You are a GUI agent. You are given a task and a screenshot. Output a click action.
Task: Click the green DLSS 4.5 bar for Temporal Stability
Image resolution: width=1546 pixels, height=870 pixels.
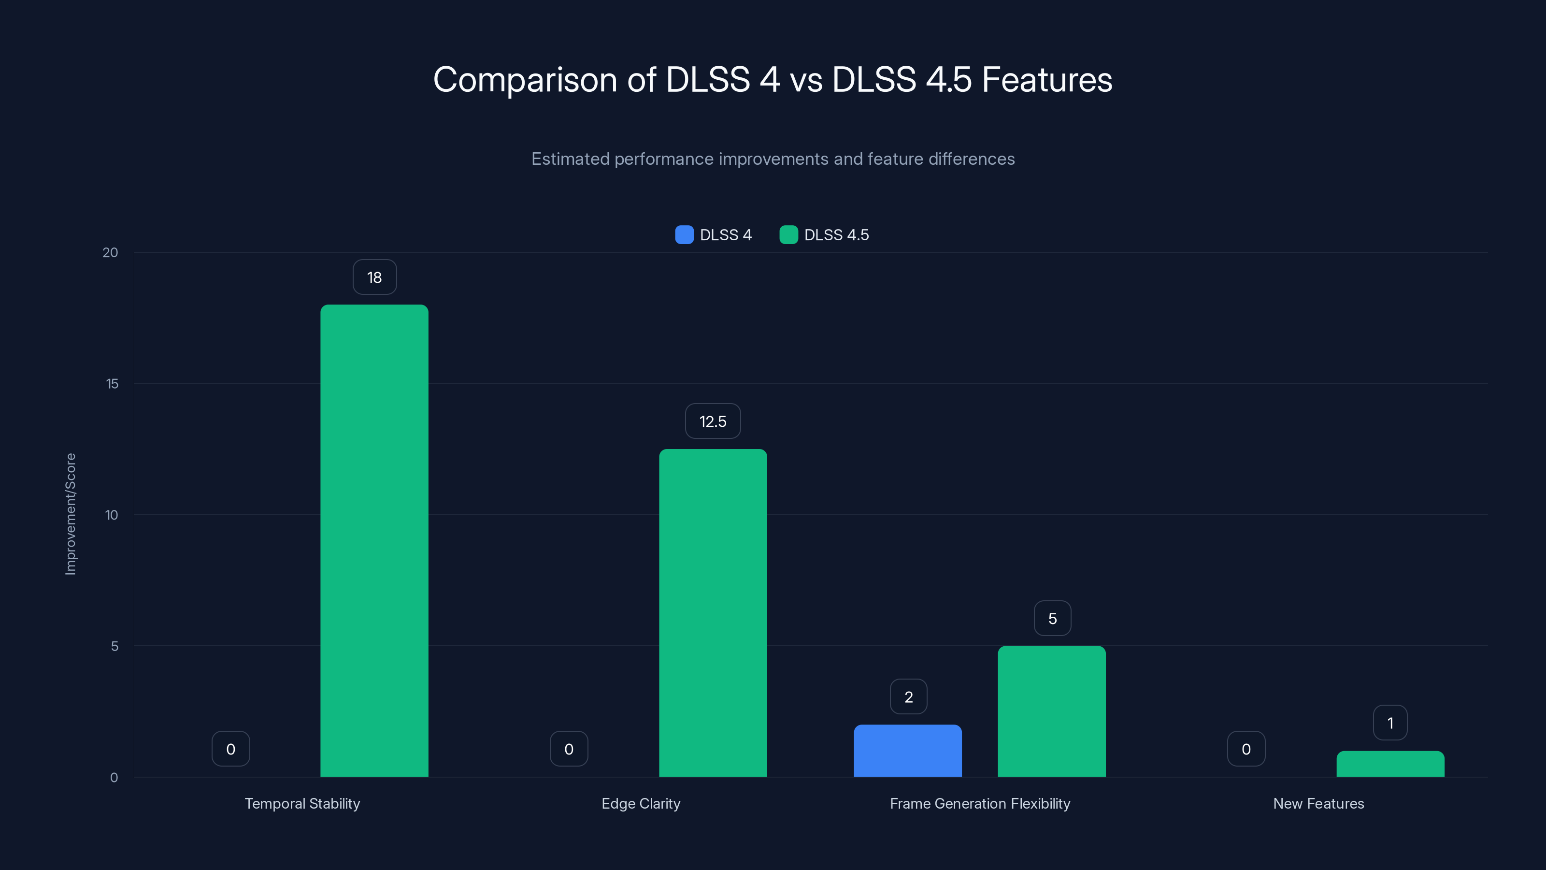(374, 540)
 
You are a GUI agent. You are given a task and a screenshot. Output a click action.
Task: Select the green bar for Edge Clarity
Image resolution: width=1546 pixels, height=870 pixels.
(713, 612)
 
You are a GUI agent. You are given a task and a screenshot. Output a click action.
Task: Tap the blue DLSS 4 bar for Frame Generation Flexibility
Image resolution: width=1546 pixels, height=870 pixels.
(907, 751)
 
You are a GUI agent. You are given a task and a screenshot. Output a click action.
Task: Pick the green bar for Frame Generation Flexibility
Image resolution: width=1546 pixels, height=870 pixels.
(1051, 711)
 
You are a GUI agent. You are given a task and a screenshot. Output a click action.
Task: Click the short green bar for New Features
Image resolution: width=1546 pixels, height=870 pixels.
(1390, 764)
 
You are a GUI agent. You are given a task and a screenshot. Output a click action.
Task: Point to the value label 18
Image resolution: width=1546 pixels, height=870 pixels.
(374, 277)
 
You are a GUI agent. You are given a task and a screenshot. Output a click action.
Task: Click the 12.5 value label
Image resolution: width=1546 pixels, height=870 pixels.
(713, 421)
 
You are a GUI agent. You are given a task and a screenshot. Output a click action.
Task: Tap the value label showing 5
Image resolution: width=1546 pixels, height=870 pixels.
(1052, 619)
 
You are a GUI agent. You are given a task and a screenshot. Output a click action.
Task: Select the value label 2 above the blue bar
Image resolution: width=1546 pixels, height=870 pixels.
(908, 696)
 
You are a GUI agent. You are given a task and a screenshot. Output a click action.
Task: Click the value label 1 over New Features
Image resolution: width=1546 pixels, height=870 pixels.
(1390, 723)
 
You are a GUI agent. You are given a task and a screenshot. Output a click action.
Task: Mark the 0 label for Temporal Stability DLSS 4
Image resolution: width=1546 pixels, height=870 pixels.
(230, 749)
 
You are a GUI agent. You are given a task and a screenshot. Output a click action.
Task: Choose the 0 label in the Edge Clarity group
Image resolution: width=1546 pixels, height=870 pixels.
(568, 749)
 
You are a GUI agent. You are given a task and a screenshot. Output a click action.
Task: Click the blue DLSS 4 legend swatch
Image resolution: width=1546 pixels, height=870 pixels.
(684, 235)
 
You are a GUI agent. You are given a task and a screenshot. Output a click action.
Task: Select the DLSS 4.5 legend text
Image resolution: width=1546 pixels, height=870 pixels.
(836, 235)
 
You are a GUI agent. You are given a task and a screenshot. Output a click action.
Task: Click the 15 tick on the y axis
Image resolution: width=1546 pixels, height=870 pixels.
(112, 384)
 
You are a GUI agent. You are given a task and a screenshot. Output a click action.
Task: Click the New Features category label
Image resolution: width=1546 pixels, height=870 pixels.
(1318, 803)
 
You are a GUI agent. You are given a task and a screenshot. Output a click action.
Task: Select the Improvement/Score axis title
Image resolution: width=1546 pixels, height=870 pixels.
(71, 514)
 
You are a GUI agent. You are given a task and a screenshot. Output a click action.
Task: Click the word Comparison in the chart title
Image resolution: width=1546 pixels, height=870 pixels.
(525, 80)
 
